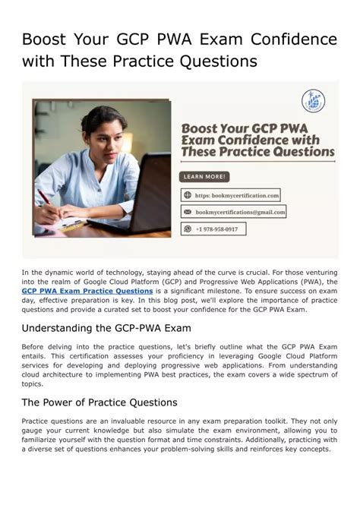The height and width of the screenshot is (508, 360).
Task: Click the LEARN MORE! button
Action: pyautogui.click(x=205, y=177)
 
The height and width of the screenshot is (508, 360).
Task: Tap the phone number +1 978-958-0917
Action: pyautogui.click(x=216, y=229)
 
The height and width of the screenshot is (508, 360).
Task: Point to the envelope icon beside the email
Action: pyautogui.click(x=187, y=212)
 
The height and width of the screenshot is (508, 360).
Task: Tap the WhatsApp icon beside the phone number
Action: pyautogui.click(x=187, y=229)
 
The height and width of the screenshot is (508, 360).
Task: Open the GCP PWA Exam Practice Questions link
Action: pyautogui.click(x=87, y=291)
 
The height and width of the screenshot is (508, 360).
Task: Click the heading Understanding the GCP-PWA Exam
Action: pyautogui.click(x=106, y=328)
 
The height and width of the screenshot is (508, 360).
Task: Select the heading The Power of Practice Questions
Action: pyautogui.click(x=99, y=402)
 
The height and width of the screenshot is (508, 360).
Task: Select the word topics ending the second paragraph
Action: pyautogui.click(x=33, y=384)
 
